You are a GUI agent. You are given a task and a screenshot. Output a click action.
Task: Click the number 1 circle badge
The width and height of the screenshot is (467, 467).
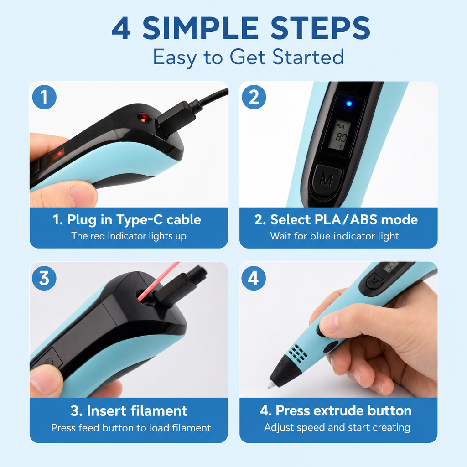click(x=44, y=97)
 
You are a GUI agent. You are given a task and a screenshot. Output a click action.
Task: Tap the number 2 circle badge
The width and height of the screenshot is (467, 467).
click(x=254, y=97)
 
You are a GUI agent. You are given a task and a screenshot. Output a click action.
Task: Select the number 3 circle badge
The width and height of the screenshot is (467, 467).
click(x=44, y=278)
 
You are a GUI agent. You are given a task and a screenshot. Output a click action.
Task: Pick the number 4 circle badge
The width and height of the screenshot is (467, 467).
click(x=254, y=278)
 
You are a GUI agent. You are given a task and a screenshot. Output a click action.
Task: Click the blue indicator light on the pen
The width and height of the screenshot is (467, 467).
click(x=349, y=104)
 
